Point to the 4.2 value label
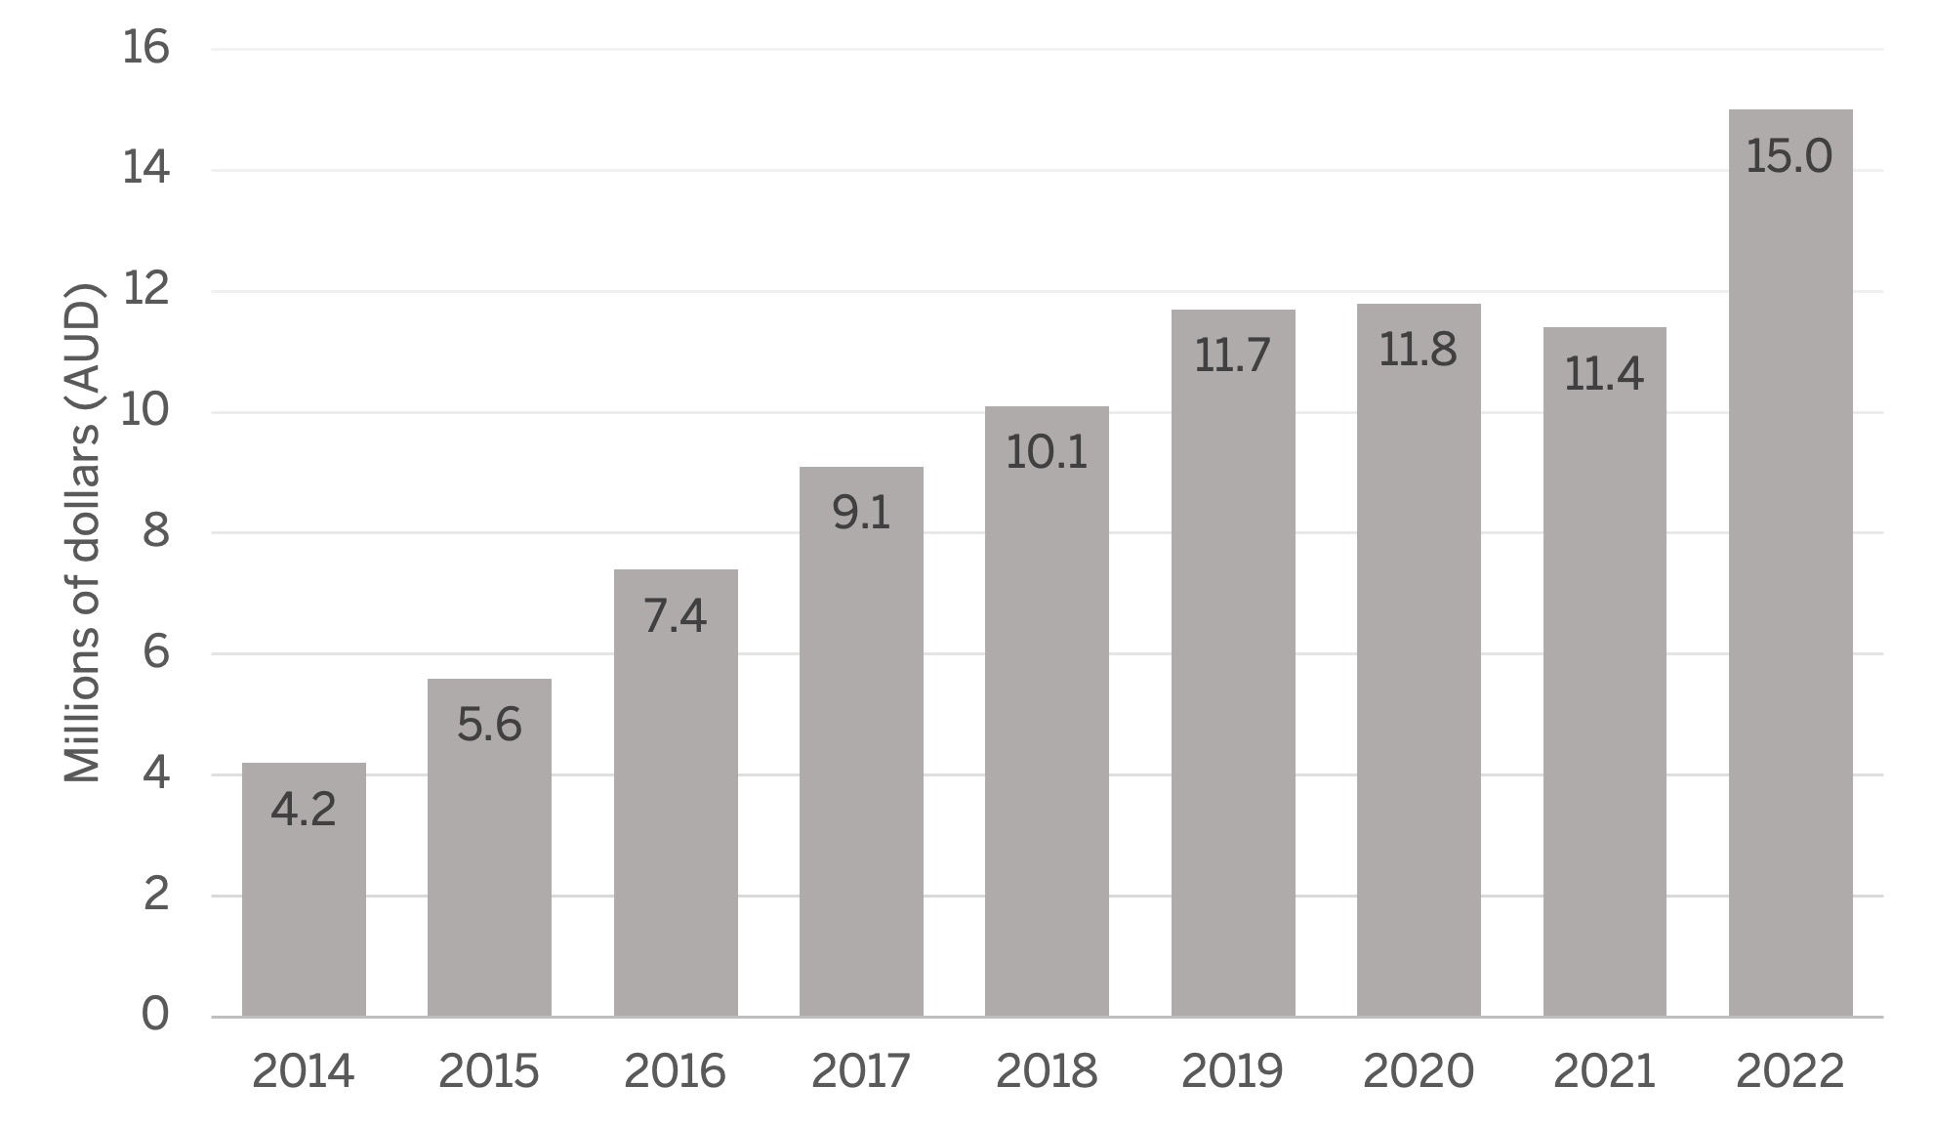coord(304,810)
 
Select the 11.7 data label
coord(1232,356)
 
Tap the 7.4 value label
coord(675,616)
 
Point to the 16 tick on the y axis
coord(145,49)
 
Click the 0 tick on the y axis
coord(155,1015)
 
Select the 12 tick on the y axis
coord(145,291)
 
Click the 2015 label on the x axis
coord(488,1072)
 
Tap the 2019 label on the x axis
coord(1232,1072)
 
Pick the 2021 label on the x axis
coord(1603,1072)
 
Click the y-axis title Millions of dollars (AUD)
coord(83,532)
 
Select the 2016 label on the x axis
coord(675,1072)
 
